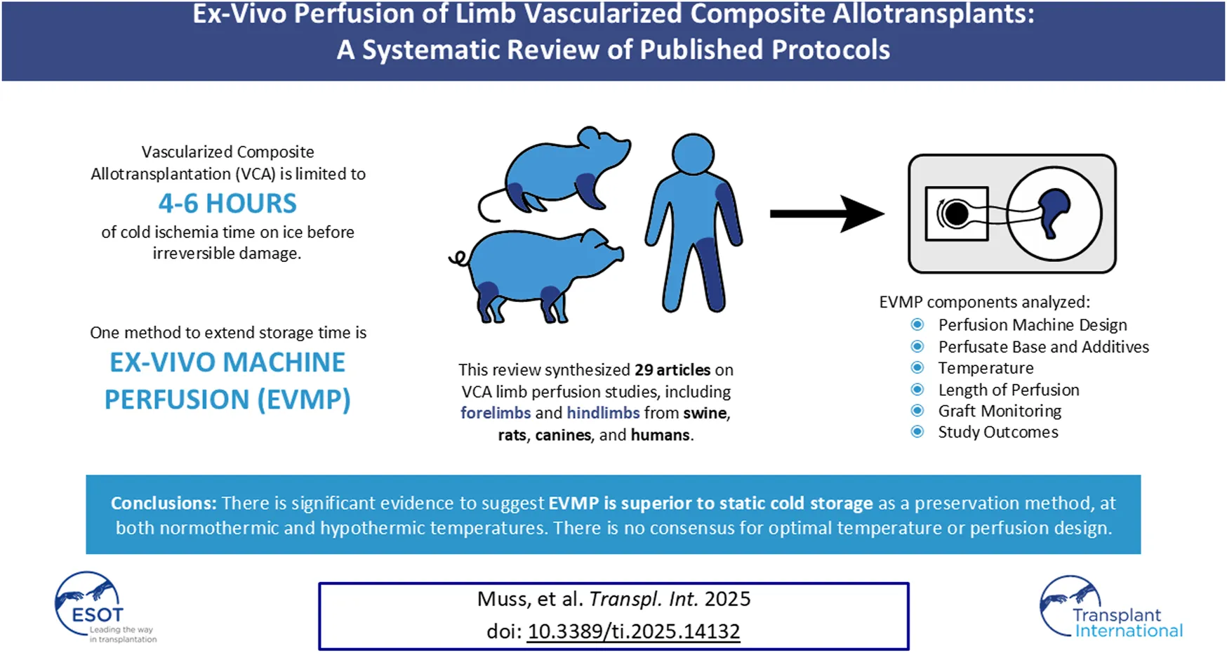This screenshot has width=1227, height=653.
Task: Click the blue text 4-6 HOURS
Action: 227,204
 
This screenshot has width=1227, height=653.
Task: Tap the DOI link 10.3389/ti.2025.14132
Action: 633,631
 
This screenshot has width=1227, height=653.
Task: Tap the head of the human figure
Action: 693,154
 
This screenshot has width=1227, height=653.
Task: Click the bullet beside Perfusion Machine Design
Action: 917,324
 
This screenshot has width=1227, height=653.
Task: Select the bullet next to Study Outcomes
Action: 917,432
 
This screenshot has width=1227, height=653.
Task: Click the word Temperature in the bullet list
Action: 986,368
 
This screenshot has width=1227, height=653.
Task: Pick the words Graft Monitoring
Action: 1000,411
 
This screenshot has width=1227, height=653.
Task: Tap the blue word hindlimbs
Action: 603,413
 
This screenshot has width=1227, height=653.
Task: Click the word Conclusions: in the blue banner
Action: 164,503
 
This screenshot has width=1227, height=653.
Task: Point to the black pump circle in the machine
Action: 955,213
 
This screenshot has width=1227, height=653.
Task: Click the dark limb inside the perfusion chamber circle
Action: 1052,211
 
